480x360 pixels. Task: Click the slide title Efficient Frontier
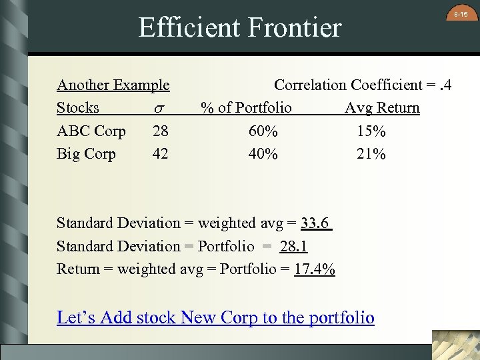[x=239, y=28]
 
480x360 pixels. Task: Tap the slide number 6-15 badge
[x=461, y=15]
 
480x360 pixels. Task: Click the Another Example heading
[x=113, y=85]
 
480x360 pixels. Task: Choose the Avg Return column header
[x=382, y=107]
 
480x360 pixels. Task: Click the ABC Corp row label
[x=91, y=131]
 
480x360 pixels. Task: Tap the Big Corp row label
[x=86, y=153]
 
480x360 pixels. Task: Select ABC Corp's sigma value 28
[x=160, y=131]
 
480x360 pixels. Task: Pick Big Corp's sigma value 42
[x=160, y=153]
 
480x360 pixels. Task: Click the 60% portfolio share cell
[x=263, y=131]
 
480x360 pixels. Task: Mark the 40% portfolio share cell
[x=263, y=153]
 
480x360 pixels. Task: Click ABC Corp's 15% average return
[x=371, y=131]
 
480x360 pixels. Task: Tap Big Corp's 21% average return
[x=371, y=153]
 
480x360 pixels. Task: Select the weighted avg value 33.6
[x=316, y=223]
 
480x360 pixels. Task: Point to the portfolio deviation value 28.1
[x=293, y=246]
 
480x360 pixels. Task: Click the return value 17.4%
[x=315, y=269]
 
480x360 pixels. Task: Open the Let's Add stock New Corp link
[x=215, y=317]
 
